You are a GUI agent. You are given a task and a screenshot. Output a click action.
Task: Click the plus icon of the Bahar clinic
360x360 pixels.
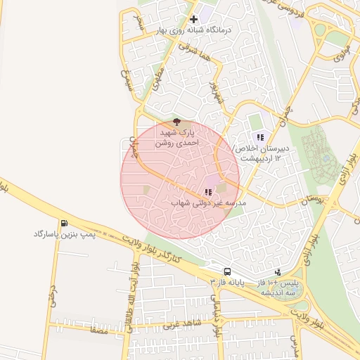click(193, 19)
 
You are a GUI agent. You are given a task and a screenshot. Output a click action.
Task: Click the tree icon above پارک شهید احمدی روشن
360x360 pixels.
click(176, 122)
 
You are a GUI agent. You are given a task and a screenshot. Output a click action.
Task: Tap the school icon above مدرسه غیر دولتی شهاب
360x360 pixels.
click(207, 191)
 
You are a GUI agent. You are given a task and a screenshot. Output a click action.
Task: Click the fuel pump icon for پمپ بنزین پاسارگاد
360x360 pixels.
click(65, 224)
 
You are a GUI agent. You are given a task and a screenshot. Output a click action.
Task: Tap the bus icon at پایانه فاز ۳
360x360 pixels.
click(227, 271)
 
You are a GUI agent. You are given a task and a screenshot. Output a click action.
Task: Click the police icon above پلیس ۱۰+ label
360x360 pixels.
click(278, 271)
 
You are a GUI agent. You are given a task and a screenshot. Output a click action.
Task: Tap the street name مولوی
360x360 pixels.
click(342, 54)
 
